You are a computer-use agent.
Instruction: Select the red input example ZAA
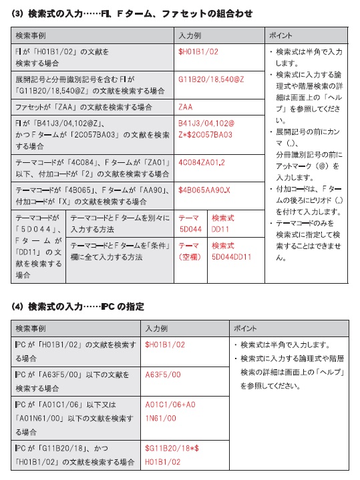pos(186,107)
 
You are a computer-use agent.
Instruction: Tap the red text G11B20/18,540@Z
pos(211,79)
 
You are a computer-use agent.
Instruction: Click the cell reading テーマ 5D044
pos(190,224)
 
